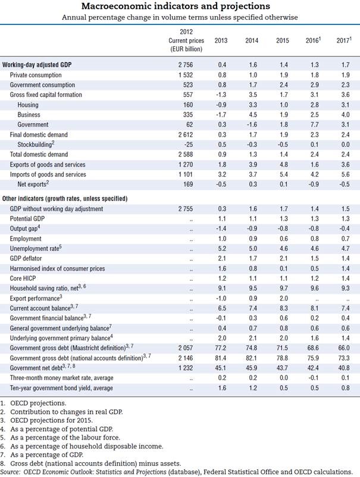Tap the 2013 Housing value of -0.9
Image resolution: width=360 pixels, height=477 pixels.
[221, 105]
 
